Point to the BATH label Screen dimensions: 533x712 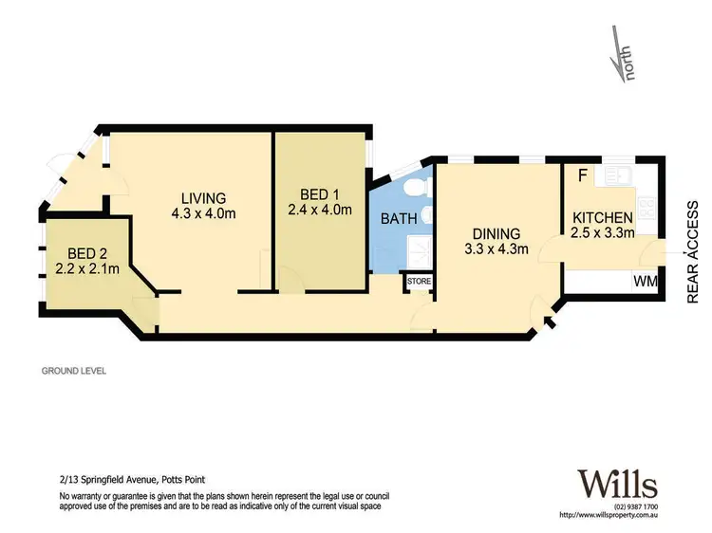pos(399,219)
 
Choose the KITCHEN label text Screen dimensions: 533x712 pos(602,218)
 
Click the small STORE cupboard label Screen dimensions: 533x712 pos(418,282)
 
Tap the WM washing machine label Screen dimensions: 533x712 pos(646,281)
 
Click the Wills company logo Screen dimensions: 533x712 pos(617,485)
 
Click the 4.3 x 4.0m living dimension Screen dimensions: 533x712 pos(203,213)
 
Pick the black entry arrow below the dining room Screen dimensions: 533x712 pos(550,325)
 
